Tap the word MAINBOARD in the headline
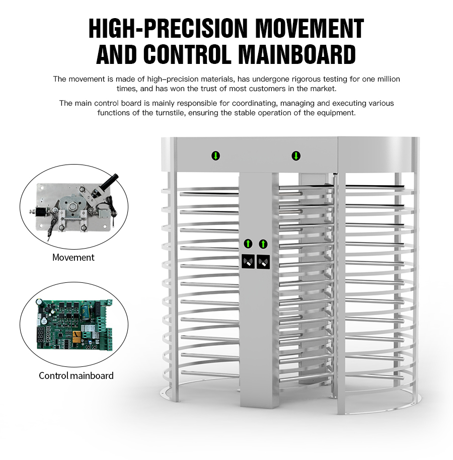(x=296, y=54)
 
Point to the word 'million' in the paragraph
(x=389, y=79)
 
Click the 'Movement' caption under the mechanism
(x=73, y=257)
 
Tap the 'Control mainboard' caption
(x=76, y=375)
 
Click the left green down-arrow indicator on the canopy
(x=215, y=156)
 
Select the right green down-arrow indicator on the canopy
(x=296, y=156)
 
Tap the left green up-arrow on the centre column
(x=248, y=244)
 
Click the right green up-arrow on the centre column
(x=263, y=244)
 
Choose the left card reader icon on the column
(x=248, y=261)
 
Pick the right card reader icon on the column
(x=263, y=262)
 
